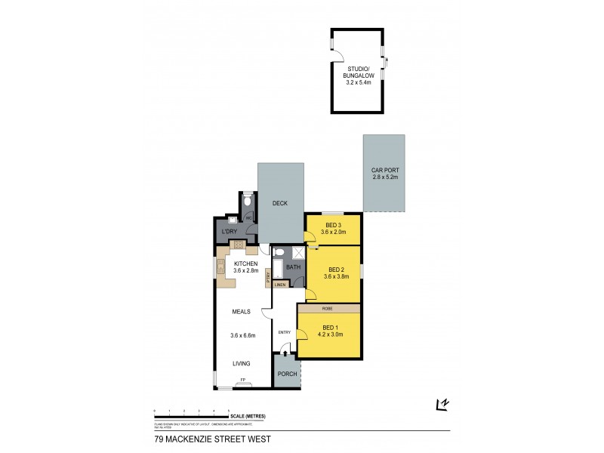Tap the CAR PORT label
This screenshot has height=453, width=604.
[384, 171]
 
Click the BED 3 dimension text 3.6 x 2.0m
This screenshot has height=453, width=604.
[333, 233]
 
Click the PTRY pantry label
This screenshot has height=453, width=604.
[267, 278]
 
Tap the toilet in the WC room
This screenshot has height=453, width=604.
[247, 202]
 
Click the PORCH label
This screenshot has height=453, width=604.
[285, 374]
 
